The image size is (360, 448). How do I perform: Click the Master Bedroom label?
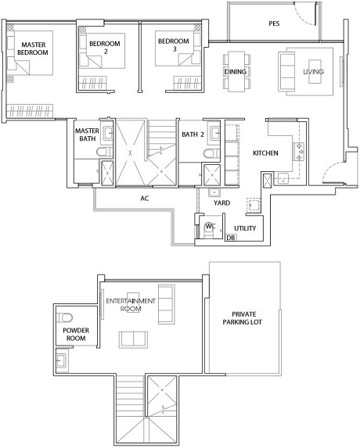33,48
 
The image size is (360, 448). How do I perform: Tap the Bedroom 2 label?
105,48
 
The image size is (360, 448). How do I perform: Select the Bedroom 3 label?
174,45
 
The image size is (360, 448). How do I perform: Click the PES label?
274,23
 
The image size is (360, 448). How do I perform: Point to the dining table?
236,72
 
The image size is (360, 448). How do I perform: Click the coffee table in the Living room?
315,72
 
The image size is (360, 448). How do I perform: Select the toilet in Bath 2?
211,154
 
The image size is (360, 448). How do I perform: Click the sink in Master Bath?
108,133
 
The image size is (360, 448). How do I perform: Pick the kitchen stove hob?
299,152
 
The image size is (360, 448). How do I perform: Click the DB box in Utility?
231,237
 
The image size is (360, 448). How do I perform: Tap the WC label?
211,226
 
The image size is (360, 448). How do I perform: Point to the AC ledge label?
145,199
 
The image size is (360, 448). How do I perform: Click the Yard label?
221,202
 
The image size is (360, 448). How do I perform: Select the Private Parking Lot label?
243,318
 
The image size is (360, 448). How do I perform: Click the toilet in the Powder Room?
65,317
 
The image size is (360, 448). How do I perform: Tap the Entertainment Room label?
131,305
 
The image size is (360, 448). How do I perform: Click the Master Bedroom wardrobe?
31,110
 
